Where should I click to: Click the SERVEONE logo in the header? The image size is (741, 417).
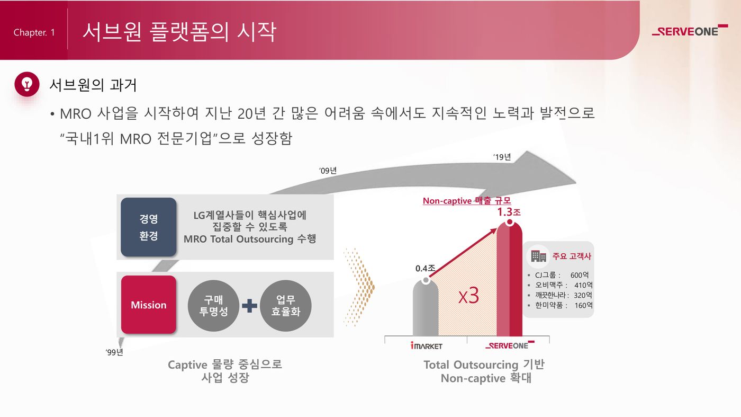point(690,31)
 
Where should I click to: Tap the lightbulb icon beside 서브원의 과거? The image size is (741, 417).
point(27,84)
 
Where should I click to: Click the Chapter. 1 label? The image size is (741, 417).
point(34,33)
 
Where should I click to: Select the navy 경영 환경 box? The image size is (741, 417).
point(149,227)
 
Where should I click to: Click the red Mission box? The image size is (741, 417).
point(149,305)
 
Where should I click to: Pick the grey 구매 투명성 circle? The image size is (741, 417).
point(213,306)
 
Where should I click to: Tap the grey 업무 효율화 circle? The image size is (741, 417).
point(286,306)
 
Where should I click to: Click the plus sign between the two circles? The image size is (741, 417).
point(249,306)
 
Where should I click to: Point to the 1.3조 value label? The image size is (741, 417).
point(509,212)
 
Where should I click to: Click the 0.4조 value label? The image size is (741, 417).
point(424,269)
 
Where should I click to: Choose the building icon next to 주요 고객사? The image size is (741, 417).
point(539,256)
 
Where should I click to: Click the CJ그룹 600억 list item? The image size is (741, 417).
point(562,275)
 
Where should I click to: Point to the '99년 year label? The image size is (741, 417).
point(114,352)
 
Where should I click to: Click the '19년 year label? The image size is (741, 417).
point(502,157)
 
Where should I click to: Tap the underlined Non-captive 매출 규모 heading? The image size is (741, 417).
point(466,201)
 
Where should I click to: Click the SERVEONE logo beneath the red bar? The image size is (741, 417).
point(509,345)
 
